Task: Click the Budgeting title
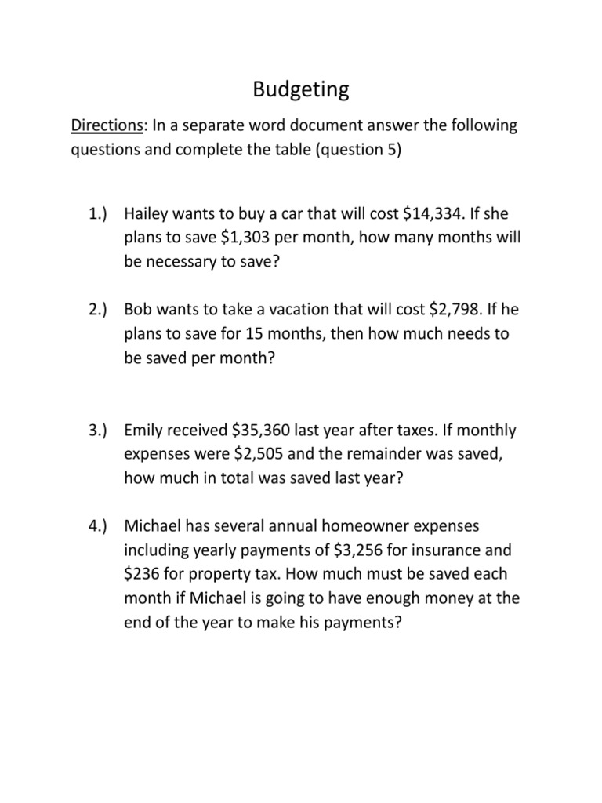[301, 90]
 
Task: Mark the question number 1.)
[98, 214]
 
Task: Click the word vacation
[288, 311]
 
